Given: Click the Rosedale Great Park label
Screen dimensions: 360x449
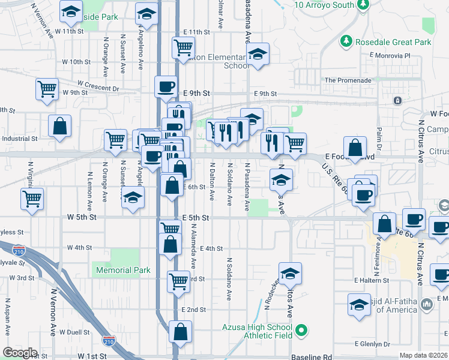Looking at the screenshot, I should (x=393, y=42).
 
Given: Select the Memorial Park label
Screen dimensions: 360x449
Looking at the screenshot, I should (x=123, y=271).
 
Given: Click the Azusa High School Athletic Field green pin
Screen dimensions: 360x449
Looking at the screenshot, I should (x=303, y=330).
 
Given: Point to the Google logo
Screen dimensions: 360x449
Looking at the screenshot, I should (x=20, y=353).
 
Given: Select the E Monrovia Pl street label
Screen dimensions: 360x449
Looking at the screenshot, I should (x=390, y=56).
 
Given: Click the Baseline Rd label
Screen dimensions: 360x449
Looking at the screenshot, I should (x=311, y=357).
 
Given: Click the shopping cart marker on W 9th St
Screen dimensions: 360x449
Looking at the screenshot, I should (x=47, y=89).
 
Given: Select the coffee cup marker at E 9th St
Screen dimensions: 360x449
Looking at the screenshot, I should (x=166, y=86).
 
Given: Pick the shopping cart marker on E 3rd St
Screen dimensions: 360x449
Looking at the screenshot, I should (x=178, y=280).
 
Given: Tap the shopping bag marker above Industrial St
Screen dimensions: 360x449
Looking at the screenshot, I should (x=59, y=126).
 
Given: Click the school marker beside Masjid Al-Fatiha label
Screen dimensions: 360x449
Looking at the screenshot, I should (x=359, y=304).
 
